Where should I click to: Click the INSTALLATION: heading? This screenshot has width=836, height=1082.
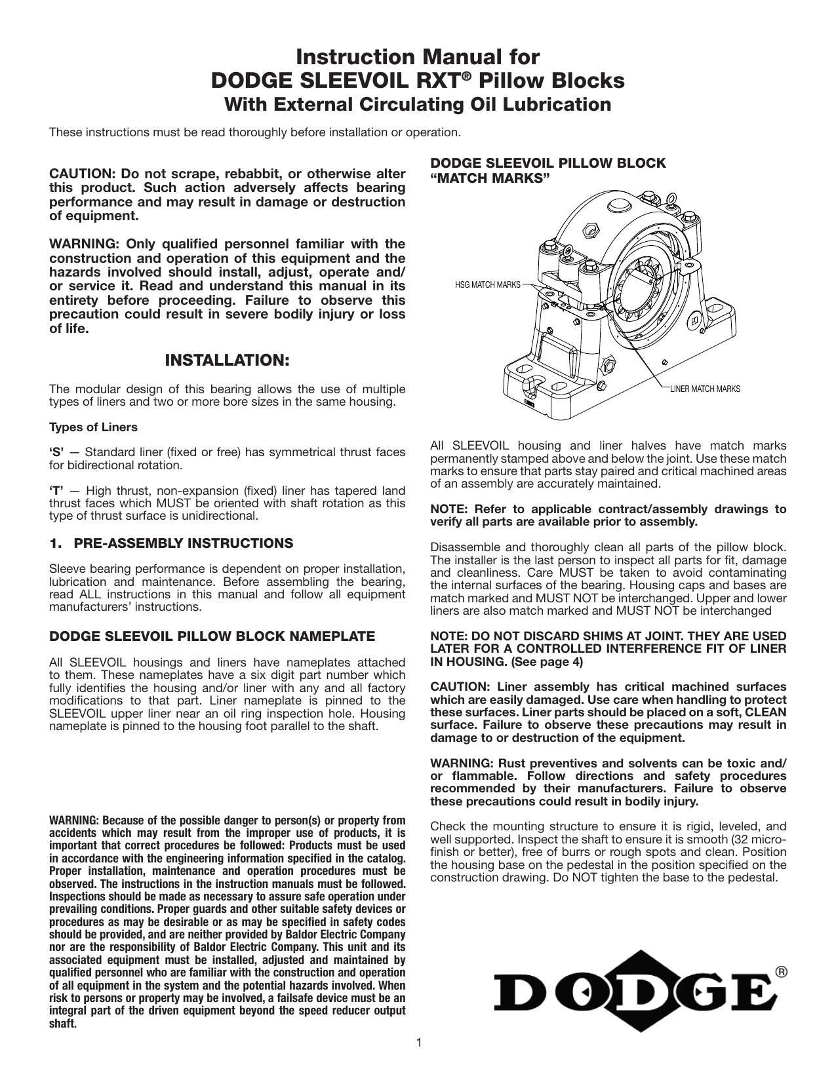[227, 360]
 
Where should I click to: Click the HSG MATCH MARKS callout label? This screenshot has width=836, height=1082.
[487, 284]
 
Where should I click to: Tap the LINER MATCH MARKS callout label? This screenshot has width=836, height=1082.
[704, 389]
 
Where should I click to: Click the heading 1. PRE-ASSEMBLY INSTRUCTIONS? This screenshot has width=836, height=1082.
[171, 543]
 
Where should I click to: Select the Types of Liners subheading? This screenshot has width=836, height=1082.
[93, 427]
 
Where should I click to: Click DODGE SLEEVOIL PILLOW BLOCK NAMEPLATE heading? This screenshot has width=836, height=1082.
[212, 636]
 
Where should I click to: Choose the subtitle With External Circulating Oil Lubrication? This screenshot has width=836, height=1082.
[418, 104]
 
